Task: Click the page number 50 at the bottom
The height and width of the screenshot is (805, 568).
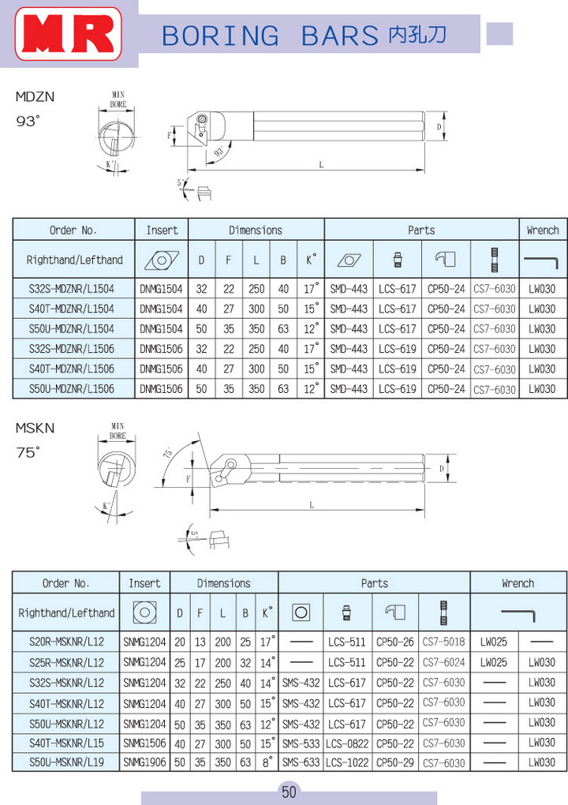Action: tap(289, 792)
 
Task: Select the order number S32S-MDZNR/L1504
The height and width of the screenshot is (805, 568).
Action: tap(75, 289)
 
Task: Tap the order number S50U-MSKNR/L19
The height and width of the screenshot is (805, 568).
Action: tap(66, 762)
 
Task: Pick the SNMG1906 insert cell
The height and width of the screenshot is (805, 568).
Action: tap(144, 762)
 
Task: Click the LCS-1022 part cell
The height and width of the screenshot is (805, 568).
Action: tap(347, 762)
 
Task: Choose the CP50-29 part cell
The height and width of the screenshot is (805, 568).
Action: tap(395, 762)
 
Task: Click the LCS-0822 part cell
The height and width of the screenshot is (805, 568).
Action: tap(347, 743)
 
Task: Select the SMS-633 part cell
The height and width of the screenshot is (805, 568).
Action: tap(301, 762)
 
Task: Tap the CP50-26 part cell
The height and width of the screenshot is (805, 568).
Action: tap(395, 642)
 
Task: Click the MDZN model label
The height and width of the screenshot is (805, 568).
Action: tap(35, 97)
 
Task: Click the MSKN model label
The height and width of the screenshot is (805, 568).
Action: tap(35, 428)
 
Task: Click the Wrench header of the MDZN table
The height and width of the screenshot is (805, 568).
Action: tap(543, 230)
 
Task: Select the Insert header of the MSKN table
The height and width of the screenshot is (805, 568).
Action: tap(144, 583)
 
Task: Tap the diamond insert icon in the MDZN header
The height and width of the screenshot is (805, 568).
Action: tap(162, 260)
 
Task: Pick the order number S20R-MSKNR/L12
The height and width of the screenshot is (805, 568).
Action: tap(66, 642)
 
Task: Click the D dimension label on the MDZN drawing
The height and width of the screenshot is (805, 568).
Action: tap(439, 125)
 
